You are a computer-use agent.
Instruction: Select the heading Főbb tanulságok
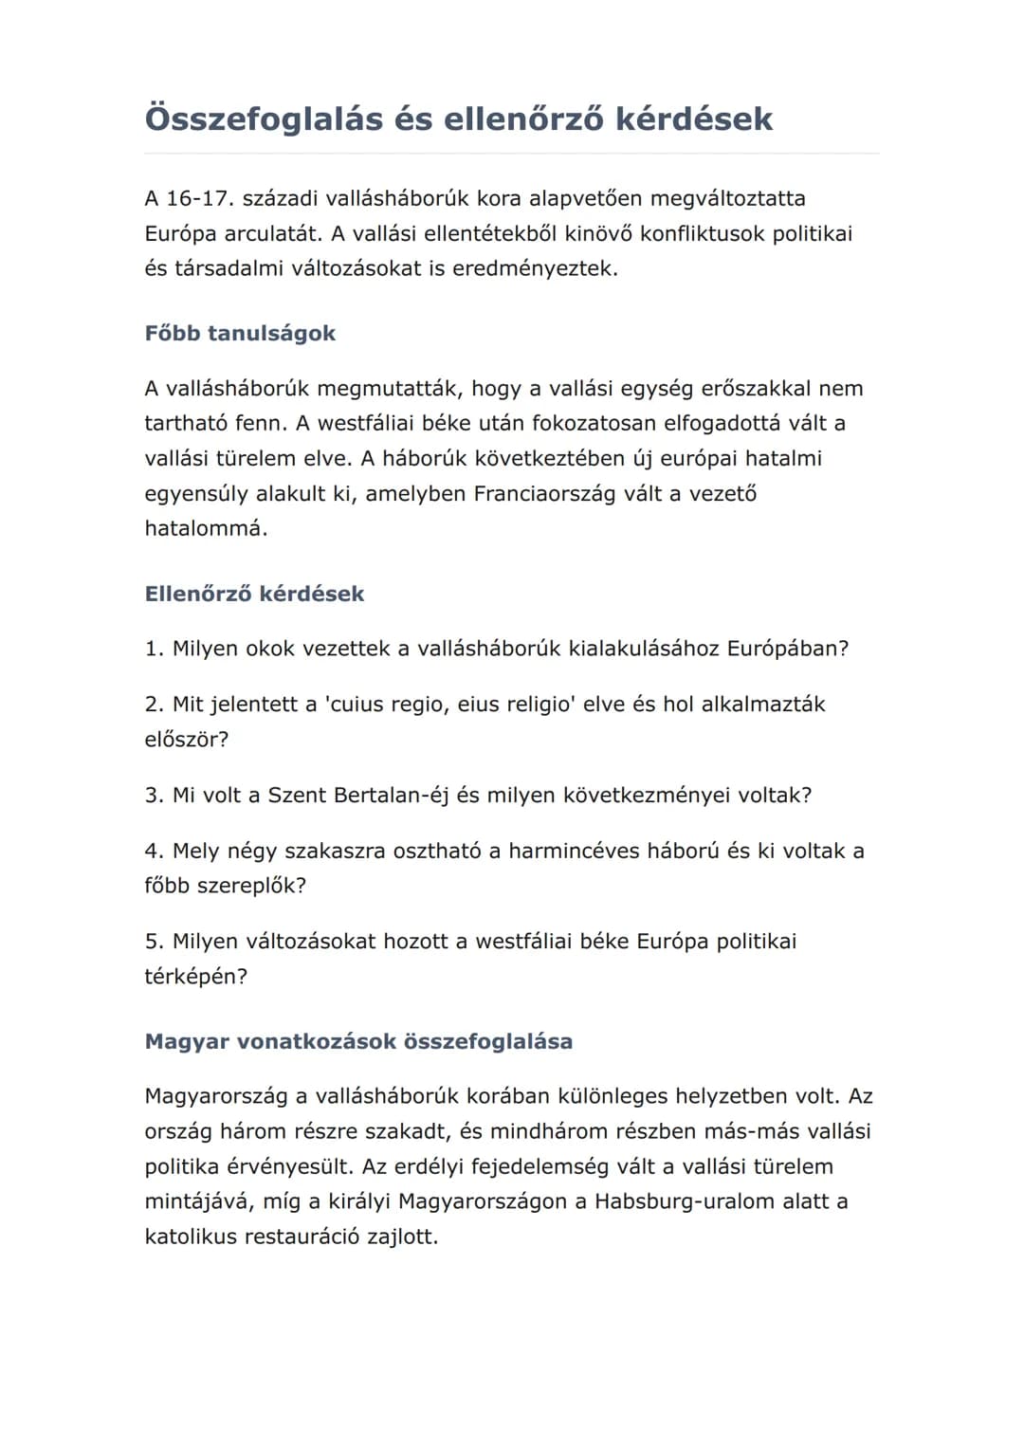[240, 333]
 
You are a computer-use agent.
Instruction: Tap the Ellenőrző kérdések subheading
[254, 594]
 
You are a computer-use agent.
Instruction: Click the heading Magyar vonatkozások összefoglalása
[358, 1041]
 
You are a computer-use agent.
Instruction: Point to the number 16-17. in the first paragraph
[199, 198]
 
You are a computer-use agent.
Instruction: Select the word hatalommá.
[206, 528]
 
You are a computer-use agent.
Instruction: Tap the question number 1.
[154, 649]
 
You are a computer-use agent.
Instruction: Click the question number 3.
[154, 795]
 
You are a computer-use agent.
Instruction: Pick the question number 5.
[154, 941]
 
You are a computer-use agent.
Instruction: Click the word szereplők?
[251, 886]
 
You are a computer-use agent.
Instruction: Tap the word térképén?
[195, 976]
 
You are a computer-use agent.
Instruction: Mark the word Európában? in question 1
[787, 649]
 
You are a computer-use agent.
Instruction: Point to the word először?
[187, 739]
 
